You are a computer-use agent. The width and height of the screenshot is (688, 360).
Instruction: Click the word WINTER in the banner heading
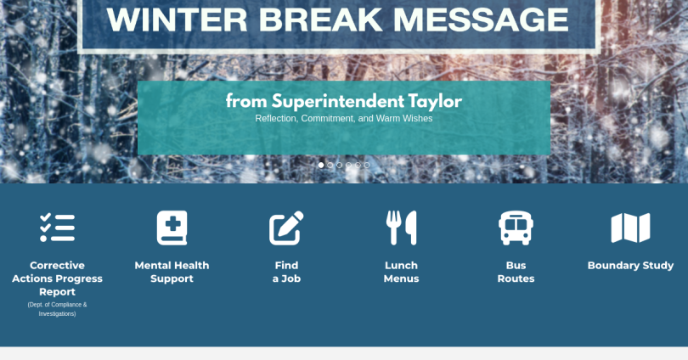(x=177, y=20)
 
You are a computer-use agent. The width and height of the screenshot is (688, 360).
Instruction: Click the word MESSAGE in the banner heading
(x=481, y=20)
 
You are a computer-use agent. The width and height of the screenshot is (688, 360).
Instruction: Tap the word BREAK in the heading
(x=320, y=20)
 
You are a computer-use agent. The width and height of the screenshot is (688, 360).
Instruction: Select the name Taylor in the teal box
(x=435, y=101)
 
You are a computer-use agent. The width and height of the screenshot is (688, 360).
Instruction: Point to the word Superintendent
(x=338, y=101)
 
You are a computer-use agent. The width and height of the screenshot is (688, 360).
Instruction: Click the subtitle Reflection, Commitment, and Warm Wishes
(x=343, y=118)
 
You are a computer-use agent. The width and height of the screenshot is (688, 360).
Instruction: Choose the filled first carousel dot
(x=321, y=166)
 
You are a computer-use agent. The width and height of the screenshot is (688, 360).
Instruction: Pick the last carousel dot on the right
(x=367, y=166)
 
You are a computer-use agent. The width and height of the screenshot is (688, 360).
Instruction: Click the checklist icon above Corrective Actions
(x=57, y=228)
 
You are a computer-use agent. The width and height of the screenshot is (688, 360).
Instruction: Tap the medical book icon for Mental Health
(x=172, y=228)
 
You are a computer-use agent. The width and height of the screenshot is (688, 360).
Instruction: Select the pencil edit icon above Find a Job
(x=286, y=228)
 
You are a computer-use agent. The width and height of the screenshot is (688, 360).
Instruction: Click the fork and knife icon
(x=401, y=228)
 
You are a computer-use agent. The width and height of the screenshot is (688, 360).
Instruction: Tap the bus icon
(x=516, y=228)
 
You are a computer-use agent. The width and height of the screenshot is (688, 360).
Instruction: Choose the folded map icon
(x=630, y=228)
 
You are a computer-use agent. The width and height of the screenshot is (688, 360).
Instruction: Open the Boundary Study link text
(x=630, y=265)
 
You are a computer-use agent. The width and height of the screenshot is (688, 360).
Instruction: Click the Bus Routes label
(x=516, y=272)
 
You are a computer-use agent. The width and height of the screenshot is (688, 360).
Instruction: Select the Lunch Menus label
(x=401, y=272)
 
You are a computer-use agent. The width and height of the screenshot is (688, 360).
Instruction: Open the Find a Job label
(x=286, y=272)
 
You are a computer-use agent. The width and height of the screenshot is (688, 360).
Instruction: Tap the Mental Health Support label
(x=172, y=272)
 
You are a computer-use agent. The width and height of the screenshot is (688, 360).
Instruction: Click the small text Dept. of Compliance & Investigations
(x=57, y=309)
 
